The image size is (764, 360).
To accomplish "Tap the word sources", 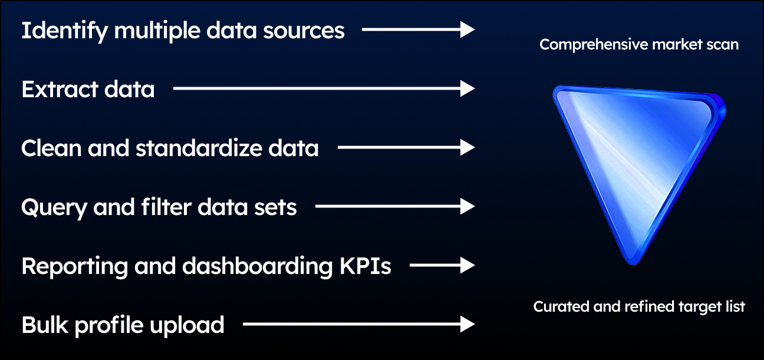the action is [304, 31].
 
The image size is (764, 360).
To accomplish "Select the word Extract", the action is [60, 90].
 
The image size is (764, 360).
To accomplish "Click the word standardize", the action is [199, 148].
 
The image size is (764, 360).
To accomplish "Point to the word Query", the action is [54, 208].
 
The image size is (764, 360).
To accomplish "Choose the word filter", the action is [166, 207].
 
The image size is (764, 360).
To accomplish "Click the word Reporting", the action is [75, 267].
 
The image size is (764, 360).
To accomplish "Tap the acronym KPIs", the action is [365, 266].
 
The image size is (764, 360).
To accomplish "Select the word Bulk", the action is [45, 325].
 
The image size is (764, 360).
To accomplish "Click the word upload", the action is [186, 326].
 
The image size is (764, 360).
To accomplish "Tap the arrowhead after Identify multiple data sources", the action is [467, 29].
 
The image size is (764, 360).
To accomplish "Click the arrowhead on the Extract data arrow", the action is [467, 88].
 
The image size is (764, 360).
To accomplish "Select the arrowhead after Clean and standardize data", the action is [467, 148].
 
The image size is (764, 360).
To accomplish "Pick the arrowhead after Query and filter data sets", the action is [467, 206].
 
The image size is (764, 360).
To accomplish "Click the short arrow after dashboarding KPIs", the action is [442, 265].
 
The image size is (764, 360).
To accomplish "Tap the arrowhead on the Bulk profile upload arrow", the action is [467, 324].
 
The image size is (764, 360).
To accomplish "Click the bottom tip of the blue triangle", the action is [634, 264].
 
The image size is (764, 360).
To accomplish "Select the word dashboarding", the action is [257, 267].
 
